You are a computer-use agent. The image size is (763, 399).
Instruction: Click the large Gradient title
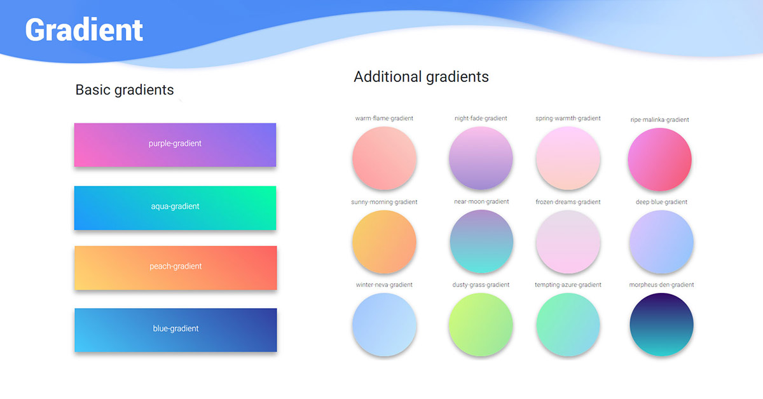pyautogui.click(x=84, y=30)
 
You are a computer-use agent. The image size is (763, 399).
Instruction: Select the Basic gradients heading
pyautogui.click(x=125, y=90)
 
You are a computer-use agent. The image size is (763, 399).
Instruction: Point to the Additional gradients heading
pyautogui.click(x=421, y=77)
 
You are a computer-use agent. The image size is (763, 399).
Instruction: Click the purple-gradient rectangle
pyautogui.click(x=175, y=144)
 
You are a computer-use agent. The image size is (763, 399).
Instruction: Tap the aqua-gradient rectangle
pyautogui.click(x=175, y=207)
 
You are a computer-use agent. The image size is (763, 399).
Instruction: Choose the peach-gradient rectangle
pyautogui.click(x=175, y=267)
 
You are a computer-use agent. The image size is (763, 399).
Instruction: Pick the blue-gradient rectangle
pyautogui.click(x=175, y=329)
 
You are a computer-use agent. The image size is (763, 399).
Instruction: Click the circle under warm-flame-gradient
pyautogui.click(x=384, y=158)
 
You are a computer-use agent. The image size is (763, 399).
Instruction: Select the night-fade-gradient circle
pyautogui.click(x=481, y=158)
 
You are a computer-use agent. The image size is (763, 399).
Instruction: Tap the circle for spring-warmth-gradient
pyautogui.click(x=568, y=158)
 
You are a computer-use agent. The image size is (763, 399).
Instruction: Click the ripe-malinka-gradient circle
pyautogui.click(x=659, y=159)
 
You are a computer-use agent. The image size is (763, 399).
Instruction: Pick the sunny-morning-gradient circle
pyautogui.click(x=384, y=242)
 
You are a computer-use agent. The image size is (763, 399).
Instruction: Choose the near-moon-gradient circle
pyautogui.click(x=481, y=242)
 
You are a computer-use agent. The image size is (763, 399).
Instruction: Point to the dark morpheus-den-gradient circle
pyautogui.click(x=661, y=325)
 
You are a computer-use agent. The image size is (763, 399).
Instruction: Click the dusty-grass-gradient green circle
pyautogui.click(x=481, y=325)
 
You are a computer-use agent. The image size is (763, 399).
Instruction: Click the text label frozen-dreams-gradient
pyautogui.click(x=568, y=202)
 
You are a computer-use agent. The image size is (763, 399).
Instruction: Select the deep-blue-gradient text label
pyautogui.click(x=661, y=202)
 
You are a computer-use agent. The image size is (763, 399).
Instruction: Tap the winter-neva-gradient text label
pyautogui.click(x=384, y=285)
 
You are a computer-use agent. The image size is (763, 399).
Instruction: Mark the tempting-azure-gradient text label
pyautogui.click(x=568, y=285)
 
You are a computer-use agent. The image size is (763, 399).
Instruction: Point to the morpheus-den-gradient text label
pyautogui.click(x=661, y=285)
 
